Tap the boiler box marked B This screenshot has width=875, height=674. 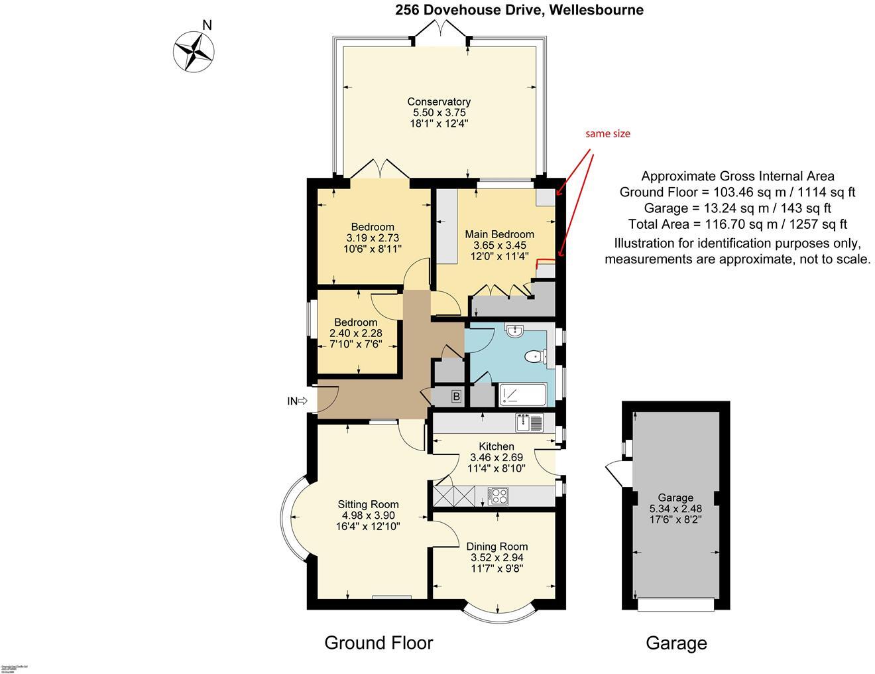456,397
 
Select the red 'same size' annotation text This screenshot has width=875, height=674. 607,134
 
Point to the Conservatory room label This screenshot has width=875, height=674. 439,101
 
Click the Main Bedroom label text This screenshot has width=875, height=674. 499,234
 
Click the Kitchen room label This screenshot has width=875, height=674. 496,446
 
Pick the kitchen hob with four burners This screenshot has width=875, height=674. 498,495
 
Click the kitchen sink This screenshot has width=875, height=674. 529,422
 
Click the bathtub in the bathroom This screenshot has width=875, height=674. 523,395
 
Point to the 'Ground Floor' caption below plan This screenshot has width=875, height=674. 379,642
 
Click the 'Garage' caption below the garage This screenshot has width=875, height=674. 676,643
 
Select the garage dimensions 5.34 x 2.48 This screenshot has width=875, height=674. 675,508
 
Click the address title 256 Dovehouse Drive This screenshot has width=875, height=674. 519,10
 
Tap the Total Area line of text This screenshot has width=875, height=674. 737,224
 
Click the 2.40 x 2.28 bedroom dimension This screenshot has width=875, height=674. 356,334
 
